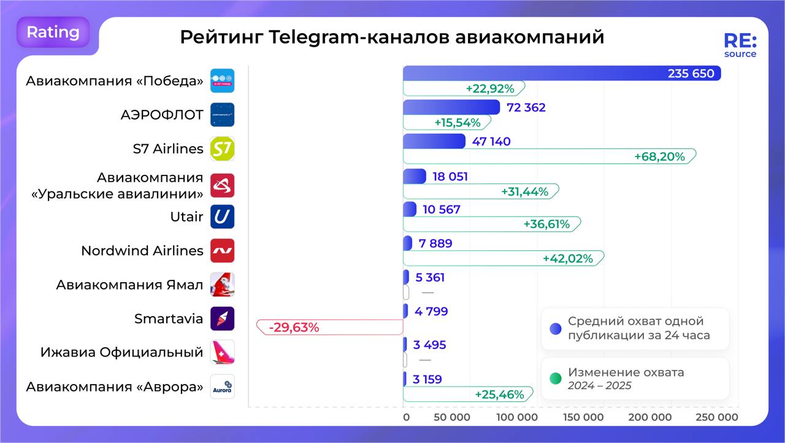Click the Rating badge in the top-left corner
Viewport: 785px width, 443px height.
53,33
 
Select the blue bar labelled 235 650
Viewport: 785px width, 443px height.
561,74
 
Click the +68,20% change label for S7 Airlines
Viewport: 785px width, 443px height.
659,156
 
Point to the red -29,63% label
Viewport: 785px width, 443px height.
294,327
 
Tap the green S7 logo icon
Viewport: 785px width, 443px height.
222,148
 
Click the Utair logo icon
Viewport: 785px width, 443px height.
222,217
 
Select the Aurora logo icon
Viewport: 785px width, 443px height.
222,387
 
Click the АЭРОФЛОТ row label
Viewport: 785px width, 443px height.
162,115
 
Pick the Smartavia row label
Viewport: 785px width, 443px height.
169,318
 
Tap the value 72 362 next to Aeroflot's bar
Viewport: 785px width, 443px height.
526,108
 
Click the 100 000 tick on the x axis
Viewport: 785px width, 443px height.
516,417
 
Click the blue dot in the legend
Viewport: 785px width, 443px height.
556,328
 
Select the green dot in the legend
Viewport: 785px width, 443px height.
556,379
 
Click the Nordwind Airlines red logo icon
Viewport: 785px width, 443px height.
222,250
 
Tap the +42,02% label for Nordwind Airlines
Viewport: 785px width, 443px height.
568,258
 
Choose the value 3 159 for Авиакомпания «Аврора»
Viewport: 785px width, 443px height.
427,379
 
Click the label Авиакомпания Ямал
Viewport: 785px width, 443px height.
129,285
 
